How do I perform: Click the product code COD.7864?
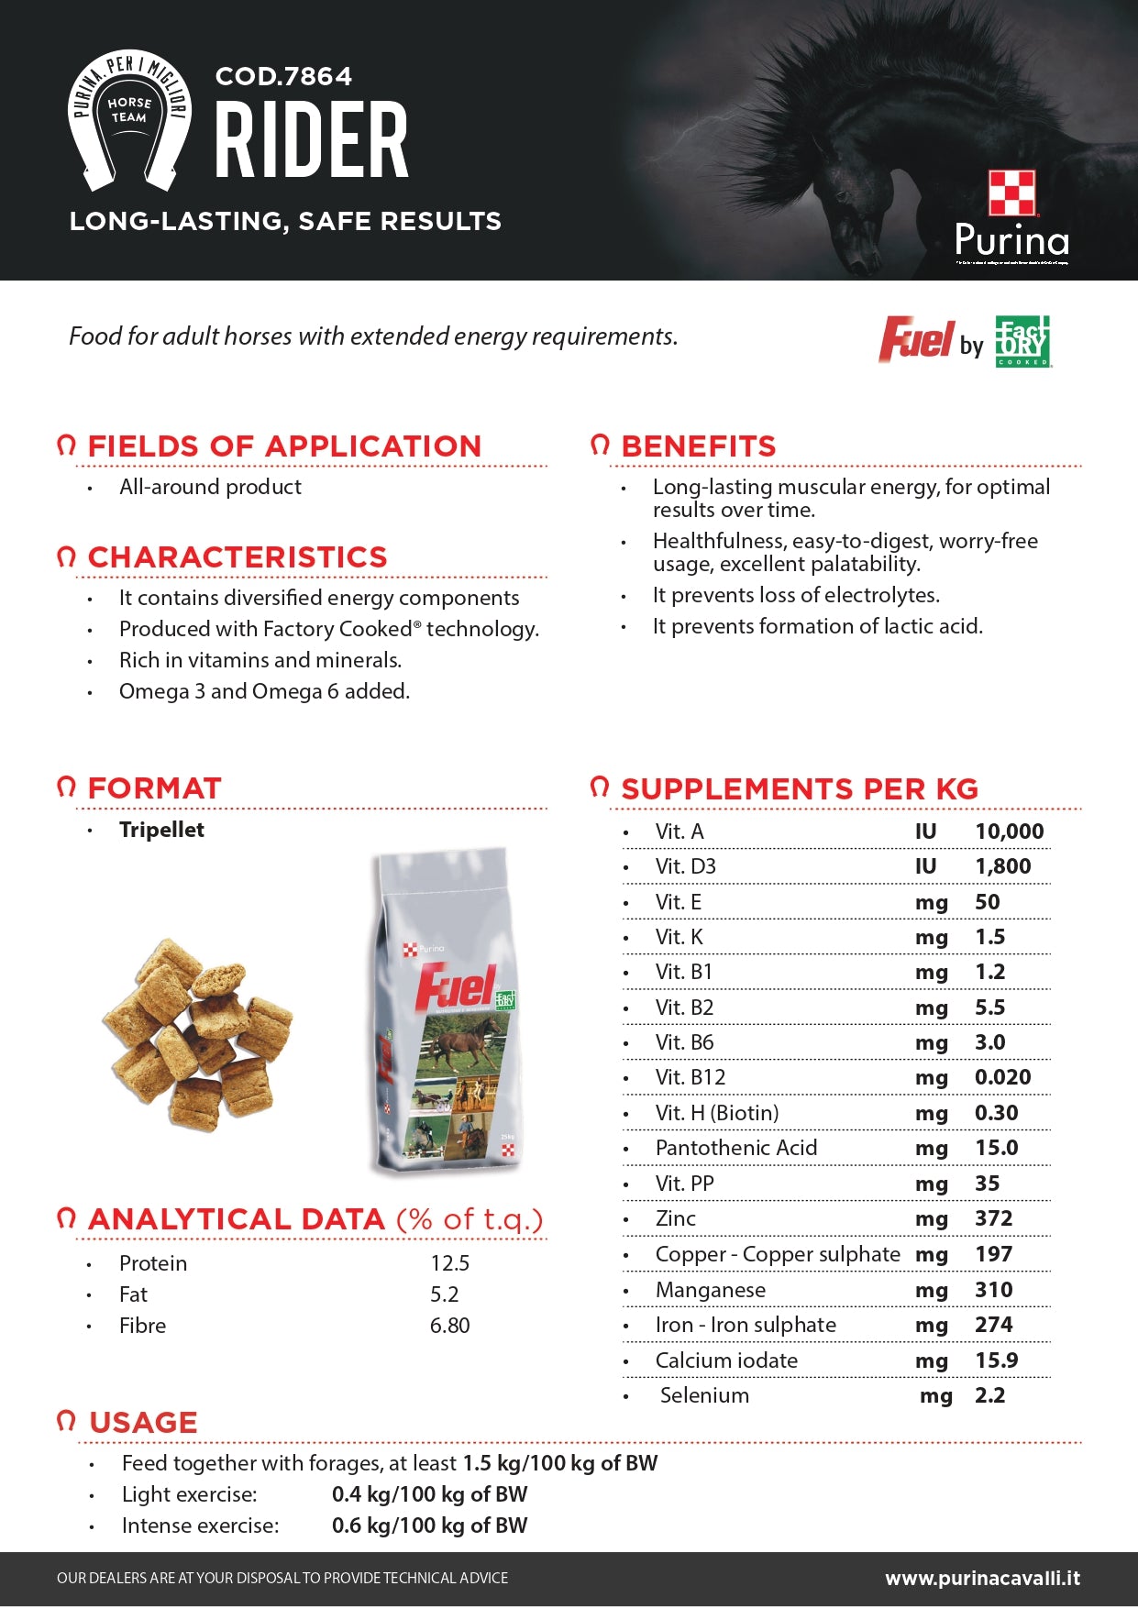[283, 76]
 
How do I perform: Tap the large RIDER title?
[312, 140]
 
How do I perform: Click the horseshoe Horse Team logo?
[129, 119]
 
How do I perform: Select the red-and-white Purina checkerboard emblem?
[1011, 193]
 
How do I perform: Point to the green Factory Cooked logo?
[1023, 341]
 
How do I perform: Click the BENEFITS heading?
[698, 446]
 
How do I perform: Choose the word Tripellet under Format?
[161, 830]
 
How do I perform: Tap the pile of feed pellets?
[196, 1034]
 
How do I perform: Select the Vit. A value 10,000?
[1009, 832]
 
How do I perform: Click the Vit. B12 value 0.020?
[1002, 1077]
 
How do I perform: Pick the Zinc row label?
[675, 1218]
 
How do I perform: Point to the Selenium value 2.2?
[989, 1395]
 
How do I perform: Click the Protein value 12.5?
[449, 1263]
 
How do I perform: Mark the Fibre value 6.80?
[449, 1326]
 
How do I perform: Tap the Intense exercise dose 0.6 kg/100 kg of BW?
[429, 1525]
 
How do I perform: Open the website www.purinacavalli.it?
[982, 1579]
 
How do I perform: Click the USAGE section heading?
[143, 1423]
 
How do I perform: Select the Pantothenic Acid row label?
[735, 1148]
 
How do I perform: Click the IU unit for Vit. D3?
[925, 866]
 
